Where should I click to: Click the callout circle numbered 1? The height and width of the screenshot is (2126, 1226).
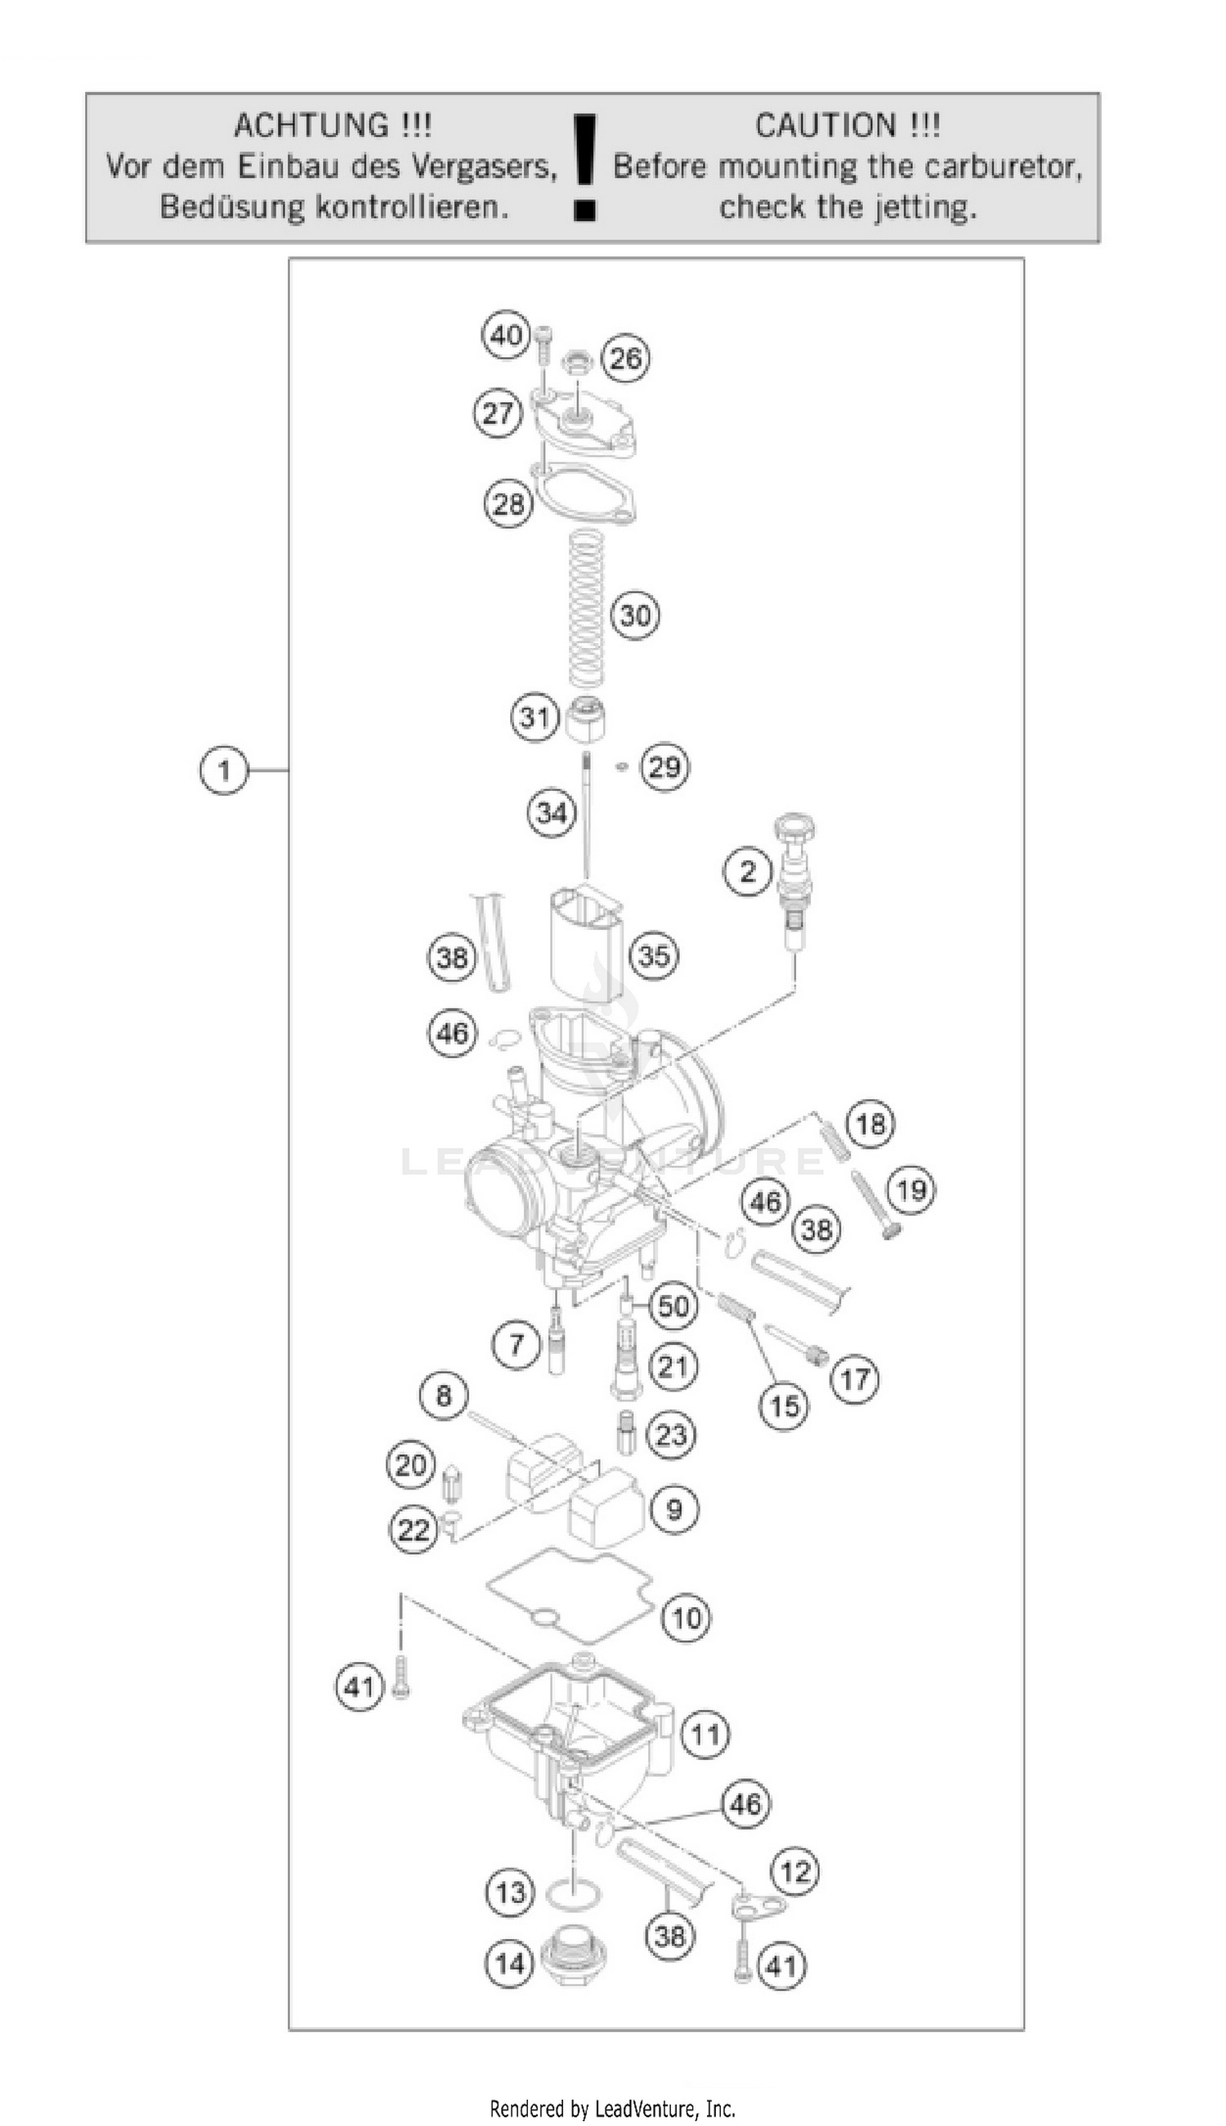[224, 770]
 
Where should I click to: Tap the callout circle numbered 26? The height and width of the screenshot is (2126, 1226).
[625, 360]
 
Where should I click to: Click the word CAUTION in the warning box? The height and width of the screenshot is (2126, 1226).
[826, 127]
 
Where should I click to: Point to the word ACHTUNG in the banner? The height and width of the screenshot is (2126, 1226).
[311, 127]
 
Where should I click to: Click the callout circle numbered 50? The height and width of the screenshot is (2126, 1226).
[673, 1306]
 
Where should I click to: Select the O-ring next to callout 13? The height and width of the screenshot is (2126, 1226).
[575, 1896]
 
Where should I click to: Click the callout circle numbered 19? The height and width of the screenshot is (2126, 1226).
[911, 1190]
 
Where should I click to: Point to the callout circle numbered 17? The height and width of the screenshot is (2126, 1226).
[856, 1378]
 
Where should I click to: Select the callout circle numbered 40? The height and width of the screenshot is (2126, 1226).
[507, 336]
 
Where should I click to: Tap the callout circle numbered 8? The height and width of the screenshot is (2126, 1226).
[444, 1396]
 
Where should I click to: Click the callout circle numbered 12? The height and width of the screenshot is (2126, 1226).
[795, 1871]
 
